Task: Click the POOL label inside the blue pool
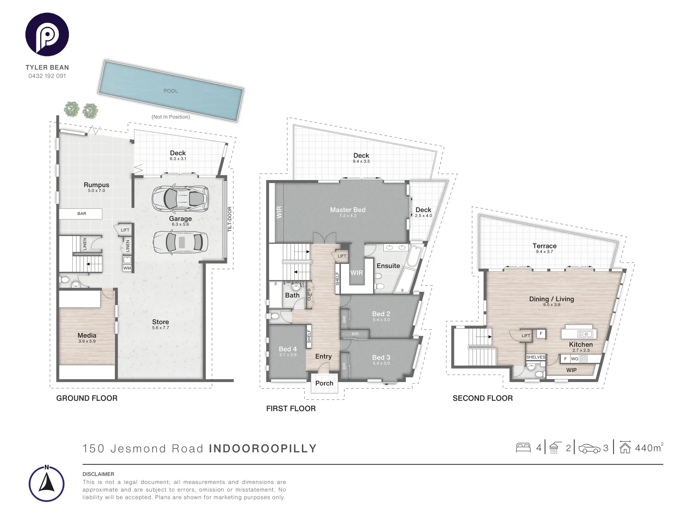click(171, 91)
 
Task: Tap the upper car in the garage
click(180, 198)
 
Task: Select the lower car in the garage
click(180, 242)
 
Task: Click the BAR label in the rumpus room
click(82, 214)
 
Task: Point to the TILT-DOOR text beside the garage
click(230, 220)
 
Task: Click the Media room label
click(87, 336)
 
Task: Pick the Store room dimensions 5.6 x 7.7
click(161, 328)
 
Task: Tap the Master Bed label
click(348, 210)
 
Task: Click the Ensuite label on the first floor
click(388, 266)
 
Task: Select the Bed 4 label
click(288, 349)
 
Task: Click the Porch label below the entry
click(324, 383)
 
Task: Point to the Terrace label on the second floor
click(545, 246)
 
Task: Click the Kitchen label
click(581, 344)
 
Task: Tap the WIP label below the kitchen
click(571, 370)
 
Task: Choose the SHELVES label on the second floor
click(535, 357)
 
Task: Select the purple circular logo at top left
click(47, 35)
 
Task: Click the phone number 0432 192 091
click(47, 76)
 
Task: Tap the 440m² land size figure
click(649, 448)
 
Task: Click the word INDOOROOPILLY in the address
click(263, 449)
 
